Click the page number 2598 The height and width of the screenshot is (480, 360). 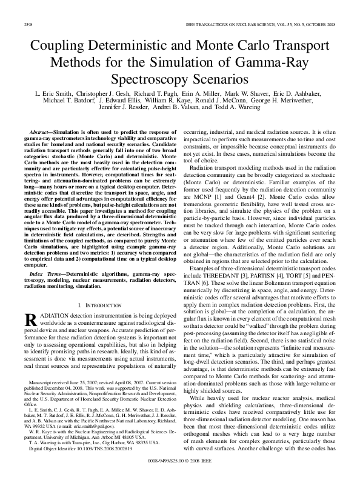(x=27, y=24)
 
